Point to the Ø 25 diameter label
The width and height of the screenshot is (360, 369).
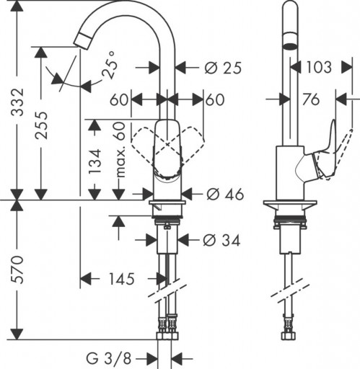point(221,68)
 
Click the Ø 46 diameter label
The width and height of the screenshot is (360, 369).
point(224,194)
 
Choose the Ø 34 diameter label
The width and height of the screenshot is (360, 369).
point(221,240)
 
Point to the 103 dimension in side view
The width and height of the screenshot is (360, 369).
point(317,68)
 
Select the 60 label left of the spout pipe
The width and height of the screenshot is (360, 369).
point(119,99)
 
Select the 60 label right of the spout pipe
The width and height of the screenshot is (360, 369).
point(214,99)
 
